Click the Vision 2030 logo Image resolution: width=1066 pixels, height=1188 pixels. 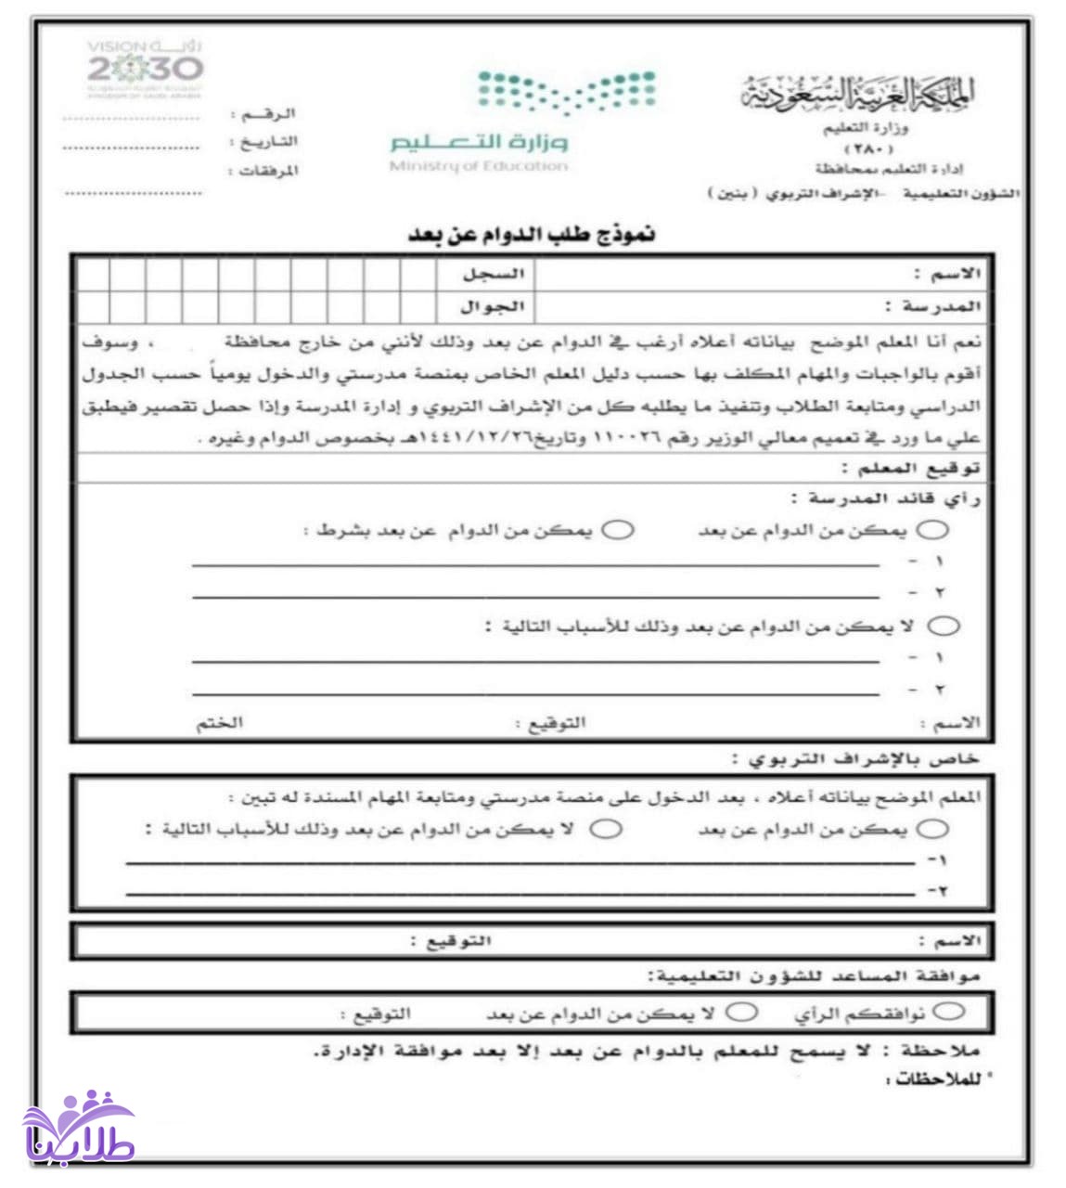point(144,69)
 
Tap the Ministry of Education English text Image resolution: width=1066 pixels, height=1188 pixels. point(479,166)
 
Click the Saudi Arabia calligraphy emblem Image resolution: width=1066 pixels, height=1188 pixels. point(858,93)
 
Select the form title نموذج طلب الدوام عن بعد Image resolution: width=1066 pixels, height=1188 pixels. point(532,233)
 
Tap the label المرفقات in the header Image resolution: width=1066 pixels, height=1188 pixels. point(268,171)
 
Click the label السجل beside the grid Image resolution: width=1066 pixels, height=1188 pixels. point(494,274)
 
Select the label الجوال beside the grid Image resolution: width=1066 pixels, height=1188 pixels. point(492,305)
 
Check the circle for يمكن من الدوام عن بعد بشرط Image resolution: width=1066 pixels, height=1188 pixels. point(618,530)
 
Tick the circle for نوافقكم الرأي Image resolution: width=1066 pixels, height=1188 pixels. point(949,1011)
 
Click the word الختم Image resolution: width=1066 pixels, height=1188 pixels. point(219,722)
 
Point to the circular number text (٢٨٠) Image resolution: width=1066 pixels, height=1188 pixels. point(868,148)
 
